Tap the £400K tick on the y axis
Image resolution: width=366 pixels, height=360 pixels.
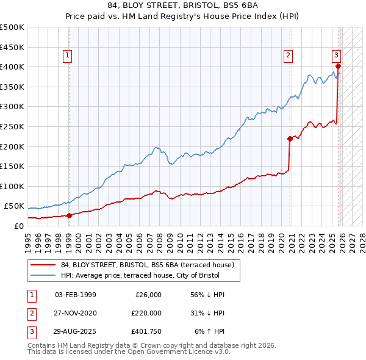point(12,67)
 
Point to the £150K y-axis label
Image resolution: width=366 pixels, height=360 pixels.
point(12,166)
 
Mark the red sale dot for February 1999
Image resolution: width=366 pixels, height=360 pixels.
point(69,215)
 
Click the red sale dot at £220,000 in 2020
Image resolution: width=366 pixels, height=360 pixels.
point(290,139)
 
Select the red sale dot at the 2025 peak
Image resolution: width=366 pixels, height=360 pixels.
point(338,67)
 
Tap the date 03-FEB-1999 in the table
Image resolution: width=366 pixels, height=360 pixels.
point(75,294)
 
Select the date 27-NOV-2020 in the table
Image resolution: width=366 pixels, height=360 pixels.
point(75,314)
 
